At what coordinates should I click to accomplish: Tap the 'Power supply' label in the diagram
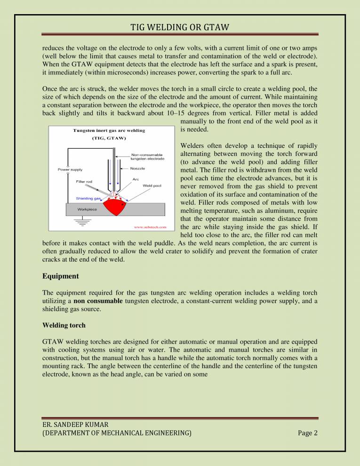(70, 169)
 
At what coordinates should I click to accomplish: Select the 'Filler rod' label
(85, 181)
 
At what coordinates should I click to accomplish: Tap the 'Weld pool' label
(152, 185)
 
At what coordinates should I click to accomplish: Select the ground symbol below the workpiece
(83, 221)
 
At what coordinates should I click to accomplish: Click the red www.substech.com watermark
(150, 227)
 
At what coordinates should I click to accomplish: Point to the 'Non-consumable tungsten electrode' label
(147, 156)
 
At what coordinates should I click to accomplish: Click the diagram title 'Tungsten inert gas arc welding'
(108, 130)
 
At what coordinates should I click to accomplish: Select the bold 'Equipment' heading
(60, 276)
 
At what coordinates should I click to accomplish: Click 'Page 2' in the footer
(308, 433)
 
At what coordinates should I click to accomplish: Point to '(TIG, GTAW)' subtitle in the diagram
(108, 139)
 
